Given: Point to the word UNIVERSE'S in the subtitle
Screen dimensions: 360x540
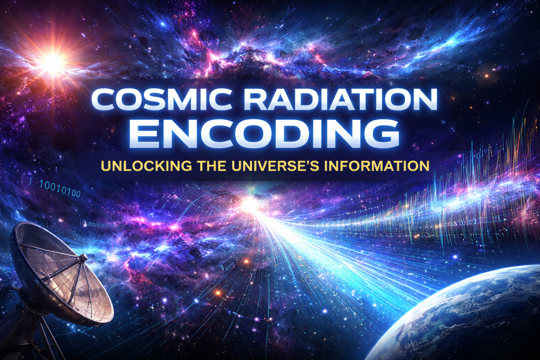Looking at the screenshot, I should point(279,166).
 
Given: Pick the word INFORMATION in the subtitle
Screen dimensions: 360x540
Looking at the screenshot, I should point(377,166).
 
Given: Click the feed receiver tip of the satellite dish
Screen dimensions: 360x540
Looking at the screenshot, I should point(84,258).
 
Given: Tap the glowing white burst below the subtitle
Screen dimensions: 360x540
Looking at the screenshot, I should point(250,203).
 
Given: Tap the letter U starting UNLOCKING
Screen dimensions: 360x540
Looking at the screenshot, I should point(107,166).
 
